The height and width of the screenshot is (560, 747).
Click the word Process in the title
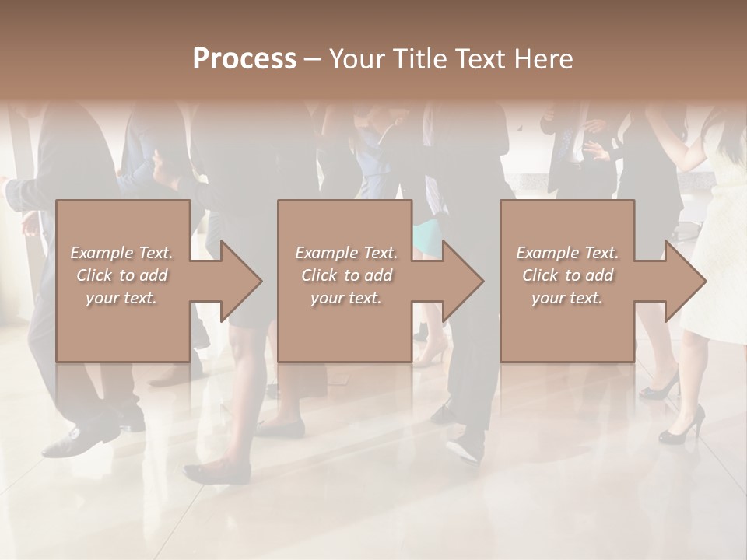click(244, 59)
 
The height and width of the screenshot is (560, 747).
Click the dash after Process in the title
click(313, 60)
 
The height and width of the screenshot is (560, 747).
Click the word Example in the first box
click(102, 253)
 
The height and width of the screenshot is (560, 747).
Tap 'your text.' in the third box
click(566, 298)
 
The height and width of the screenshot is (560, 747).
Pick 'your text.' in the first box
click(121, 298)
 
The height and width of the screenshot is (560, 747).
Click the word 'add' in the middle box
click(377, 275)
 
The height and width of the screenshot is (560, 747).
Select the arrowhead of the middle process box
click(462, 281)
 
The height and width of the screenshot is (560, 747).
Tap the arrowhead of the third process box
click(684, 281)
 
